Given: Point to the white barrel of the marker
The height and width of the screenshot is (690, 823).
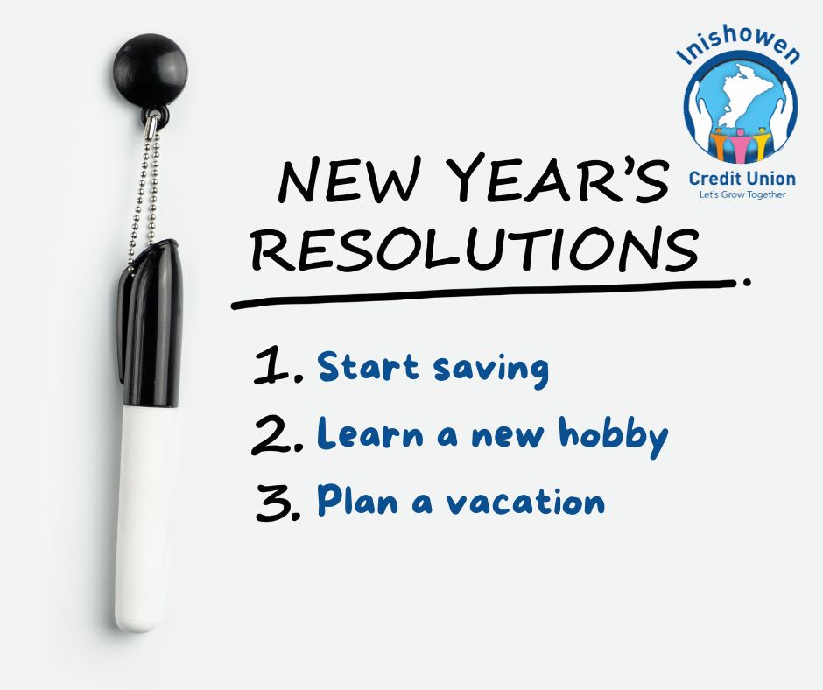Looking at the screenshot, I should click(144, 517).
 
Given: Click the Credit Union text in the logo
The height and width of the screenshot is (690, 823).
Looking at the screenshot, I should click(742, 178).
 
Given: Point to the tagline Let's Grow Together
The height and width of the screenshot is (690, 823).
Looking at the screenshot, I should click(742, 194).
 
